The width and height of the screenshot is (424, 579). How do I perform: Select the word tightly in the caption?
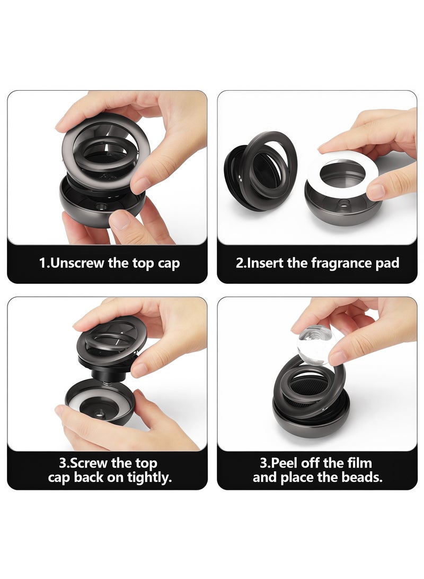click(149, 478)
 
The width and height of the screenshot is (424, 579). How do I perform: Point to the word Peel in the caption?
click(284, 463)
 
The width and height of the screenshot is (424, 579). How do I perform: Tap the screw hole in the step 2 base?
click(344, 203)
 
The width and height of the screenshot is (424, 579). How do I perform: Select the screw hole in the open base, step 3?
click(100, 413)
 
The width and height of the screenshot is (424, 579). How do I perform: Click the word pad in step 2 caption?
click(387, 264)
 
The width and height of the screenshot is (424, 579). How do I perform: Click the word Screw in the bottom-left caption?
click(88, 463)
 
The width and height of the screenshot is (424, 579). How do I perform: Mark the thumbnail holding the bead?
click(338, 358)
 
